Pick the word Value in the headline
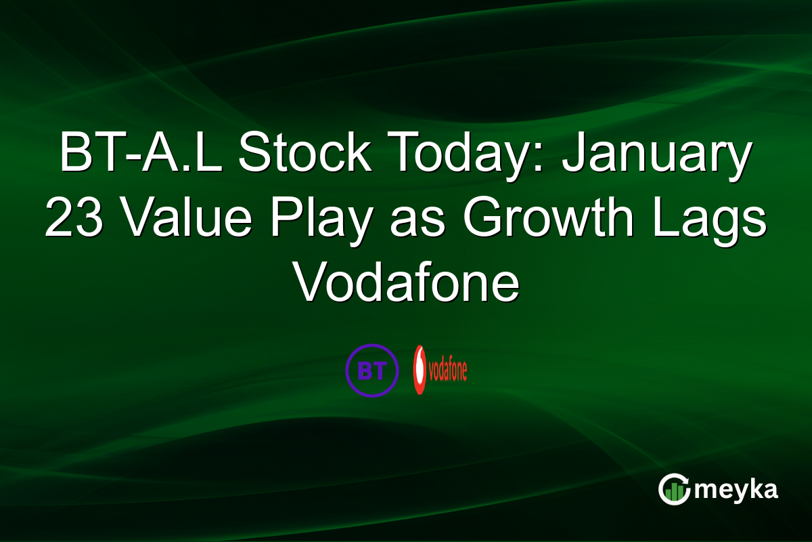click(x=188, y=220)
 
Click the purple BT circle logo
click(x=371, y=369)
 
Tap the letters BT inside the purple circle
click(x=371, y=370)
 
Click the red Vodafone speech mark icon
click(x=421, y=370)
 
